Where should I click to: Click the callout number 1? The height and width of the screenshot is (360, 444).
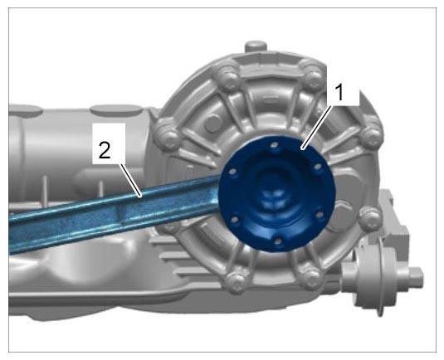coord(339,93)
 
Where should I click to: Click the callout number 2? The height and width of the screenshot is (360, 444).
coord(105,151)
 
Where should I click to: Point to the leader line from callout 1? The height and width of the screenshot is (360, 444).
coord(316,128)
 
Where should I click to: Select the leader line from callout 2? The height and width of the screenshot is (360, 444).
coord(130,180)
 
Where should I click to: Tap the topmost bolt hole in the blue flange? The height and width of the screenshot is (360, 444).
coord(274,145)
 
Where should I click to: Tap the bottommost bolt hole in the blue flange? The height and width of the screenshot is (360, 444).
coord(278,241)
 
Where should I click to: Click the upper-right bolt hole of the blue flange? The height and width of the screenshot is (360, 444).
coord(318,167)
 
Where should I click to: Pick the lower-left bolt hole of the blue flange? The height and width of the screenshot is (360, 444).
coord(234,220)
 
